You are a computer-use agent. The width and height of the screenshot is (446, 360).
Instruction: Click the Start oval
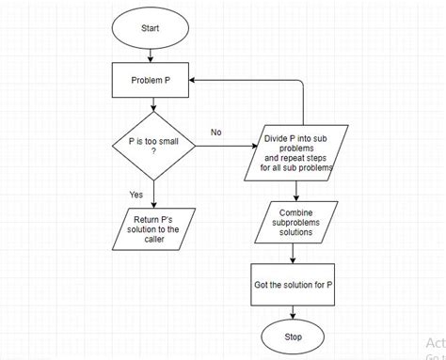151,28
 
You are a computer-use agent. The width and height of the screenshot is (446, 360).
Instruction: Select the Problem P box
151,81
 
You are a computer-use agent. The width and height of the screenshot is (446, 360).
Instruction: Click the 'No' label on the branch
216,133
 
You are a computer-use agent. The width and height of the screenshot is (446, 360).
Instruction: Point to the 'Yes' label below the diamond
136,195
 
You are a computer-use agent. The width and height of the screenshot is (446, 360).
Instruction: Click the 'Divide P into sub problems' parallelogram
298,151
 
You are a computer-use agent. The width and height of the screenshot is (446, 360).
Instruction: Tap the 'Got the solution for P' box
294,284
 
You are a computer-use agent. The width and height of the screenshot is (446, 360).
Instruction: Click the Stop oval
294,336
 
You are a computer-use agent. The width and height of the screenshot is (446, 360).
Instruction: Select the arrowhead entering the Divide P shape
255,146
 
